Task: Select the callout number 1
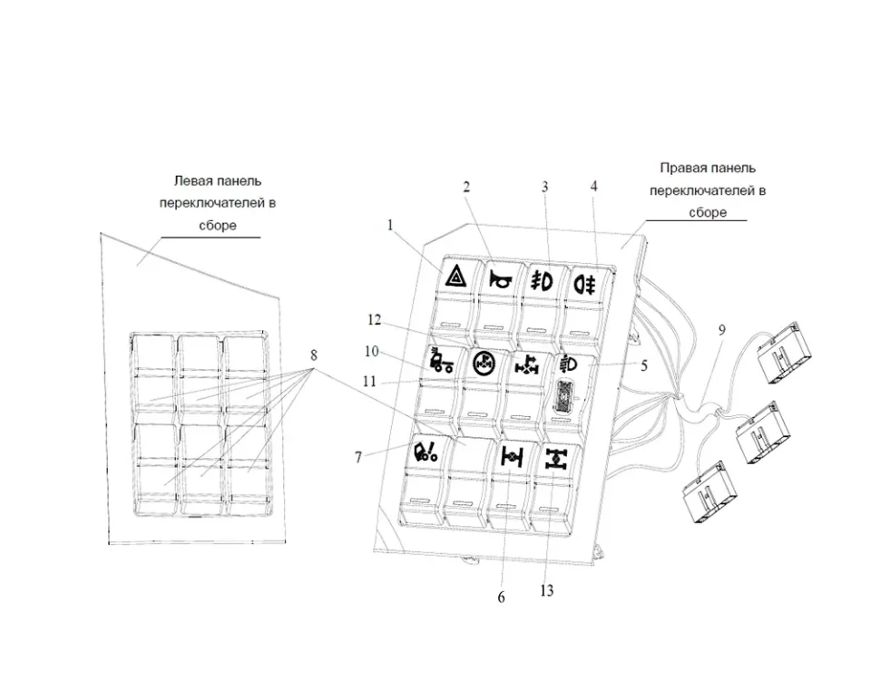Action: [x=391, y=225]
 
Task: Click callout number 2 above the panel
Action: [x=466, y=187]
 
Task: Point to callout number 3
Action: [x=545, y=187]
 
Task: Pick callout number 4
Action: [x=593, y=186]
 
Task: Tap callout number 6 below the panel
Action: [x=501, y=597]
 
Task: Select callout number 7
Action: [x=359, y=458]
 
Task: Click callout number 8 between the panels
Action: [x=315, y=353]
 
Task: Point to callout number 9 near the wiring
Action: [x=722, y=331]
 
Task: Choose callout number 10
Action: [x=373, y=351]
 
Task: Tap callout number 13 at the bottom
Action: [x=546, y=591]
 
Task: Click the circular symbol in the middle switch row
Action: [x=484, y=364]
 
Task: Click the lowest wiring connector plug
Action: [x=705, y=492]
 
